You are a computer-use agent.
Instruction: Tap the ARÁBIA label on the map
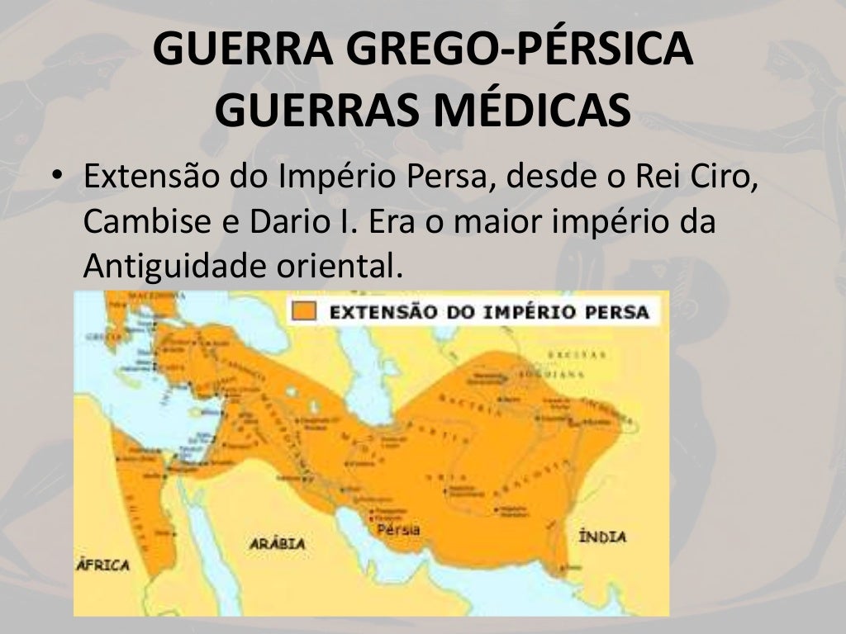pyautogui.click(x=277, y=544)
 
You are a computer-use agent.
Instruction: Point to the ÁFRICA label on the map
pyautogui.click(x=103, y=565)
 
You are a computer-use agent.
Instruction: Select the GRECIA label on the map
pyautogui.click(x=97, y=337)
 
